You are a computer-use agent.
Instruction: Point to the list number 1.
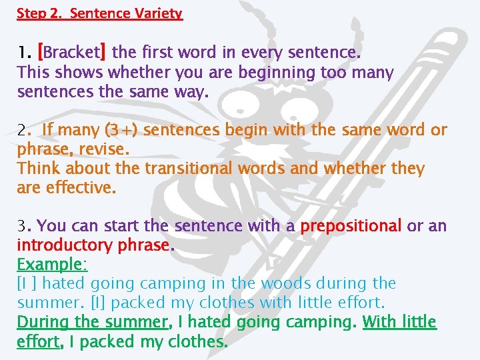(23, 52)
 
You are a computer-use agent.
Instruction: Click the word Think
(37, 168)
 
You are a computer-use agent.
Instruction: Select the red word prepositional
(351, 227)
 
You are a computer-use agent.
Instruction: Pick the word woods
(285, 284)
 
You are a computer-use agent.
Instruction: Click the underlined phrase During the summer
(93, 323)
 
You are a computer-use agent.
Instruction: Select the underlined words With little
(399, 323)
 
